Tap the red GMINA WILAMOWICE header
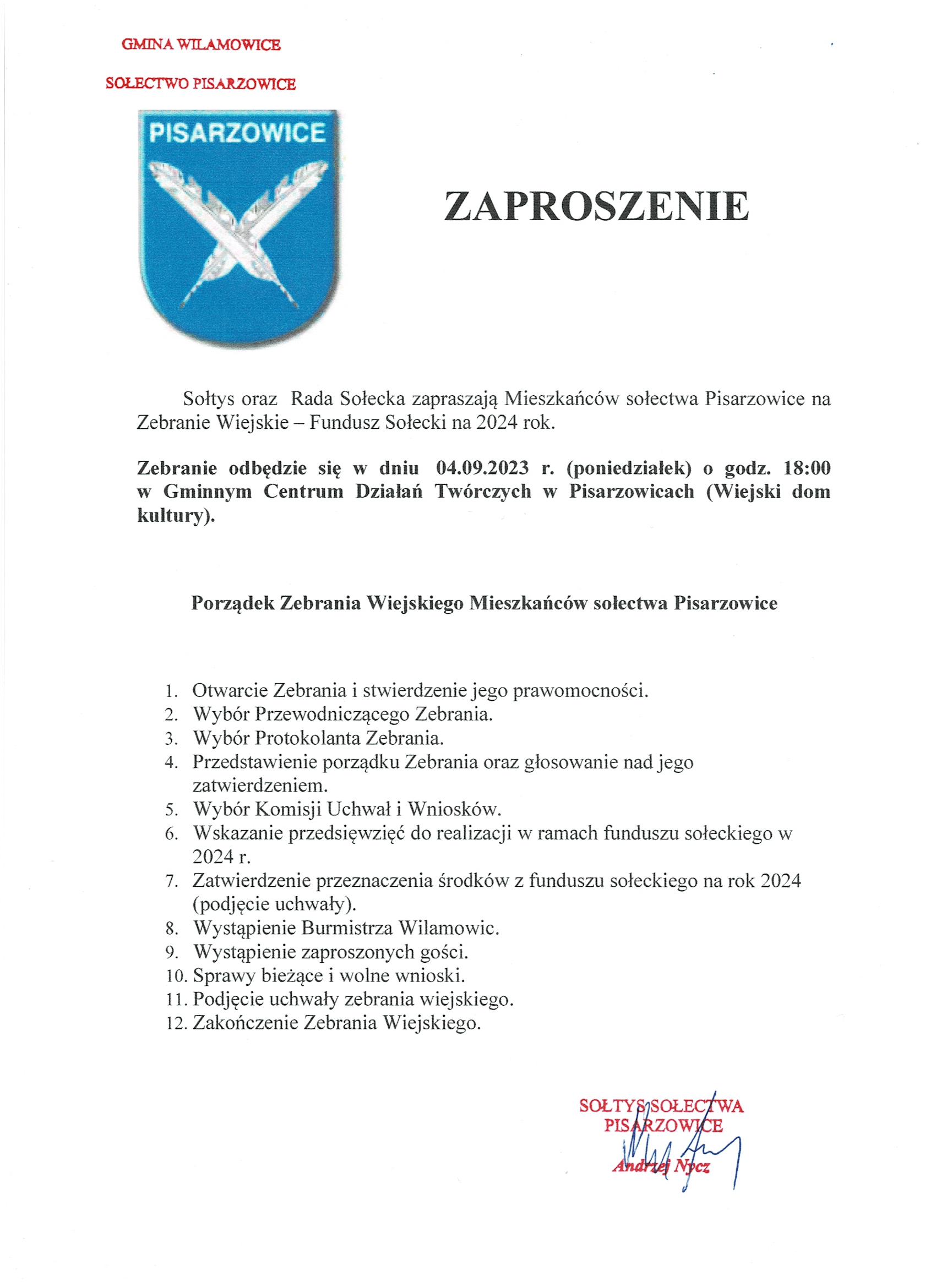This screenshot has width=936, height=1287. click(x=201, y=45)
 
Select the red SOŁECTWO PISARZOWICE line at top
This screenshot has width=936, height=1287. click(x=200, y=84)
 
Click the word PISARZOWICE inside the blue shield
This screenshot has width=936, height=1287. click(x=237, y=133)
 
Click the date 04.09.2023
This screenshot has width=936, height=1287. click(x=482, y=468)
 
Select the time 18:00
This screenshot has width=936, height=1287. click(x=807, y=468)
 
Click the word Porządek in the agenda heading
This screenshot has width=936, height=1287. click(x=232, y=603)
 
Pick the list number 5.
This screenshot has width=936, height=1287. click(x=171, y=810)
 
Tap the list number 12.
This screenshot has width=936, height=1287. click(x=177, y=1023)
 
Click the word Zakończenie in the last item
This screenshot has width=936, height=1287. click(x=245, y=1023)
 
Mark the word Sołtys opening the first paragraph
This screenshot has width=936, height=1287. click(x=209, y=399)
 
